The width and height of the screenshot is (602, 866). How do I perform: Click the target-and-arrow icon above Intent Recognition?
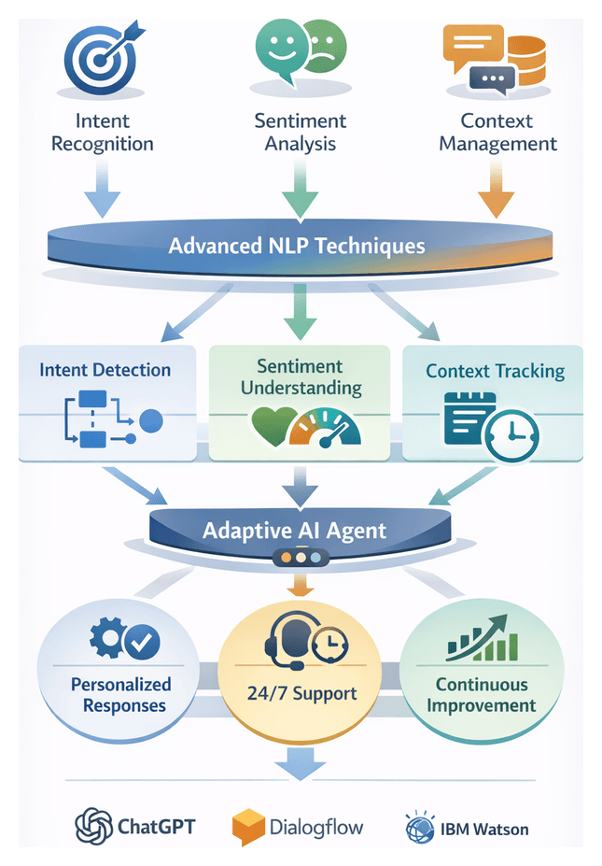click(101, 58)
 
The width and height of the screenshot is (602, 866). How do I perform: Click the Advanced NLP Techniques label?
click(297, 247)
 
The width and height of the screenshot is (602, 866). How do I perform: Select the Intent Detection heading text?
click(105, 370)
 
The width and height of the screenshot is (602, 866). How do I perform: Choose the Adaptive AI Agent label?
click(294, 531)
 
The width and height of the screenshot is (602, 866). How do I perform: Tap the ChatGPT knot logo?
click(93, 827)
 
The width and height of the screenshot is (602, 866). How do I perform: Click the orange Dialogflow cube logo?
click(248, 827)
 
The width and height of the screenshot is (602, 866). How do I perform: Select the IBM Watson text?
click(485, 829)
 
